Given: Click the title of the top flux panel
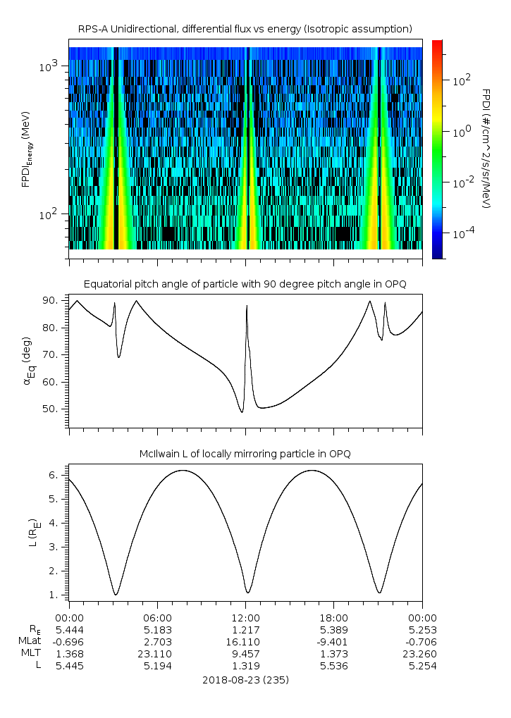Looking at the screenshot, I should [x=245, y=28].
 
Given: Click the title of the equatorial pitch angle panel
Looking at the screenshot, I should [x=245, y=284].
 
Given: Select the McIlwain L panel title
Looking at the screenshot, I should [x=245, y=453].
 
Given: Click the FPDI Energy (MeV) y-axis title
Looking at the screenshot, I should [x=27, y=149].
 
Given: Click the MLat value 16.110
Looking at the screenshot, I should [x=245, y=642].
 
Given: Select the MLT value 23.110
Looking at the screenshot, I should [x=157, y=654].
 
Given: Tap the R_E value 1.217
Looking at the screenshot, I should [x=245, y=629].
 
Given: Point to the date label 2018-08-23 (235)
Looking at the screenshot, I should [x=245, y=680].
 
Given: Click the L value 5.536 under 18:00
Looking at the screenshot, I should [x=334, y=666].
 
